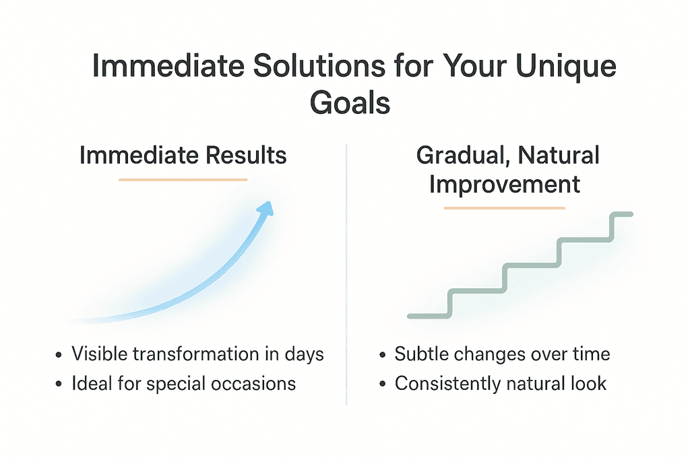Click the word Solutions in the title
tap(319, 66)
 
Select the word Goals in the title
tap(350, 103)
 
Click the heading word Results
tap(246, 155)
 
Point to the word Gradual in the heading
tap(464, 156)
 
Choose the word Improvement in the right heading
tap(505, 185)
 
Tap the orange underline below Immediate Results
tap(183, 179)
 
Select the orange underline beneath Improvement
tap(504, 208)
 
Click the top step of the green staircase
tap(621, 214)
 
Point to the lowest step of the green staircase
tap(429, 316)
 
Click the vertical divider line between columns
tap(346, 274)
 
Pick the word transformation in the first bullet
tap(196, 354)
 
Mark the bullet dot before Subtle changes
tap(382, 355)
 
